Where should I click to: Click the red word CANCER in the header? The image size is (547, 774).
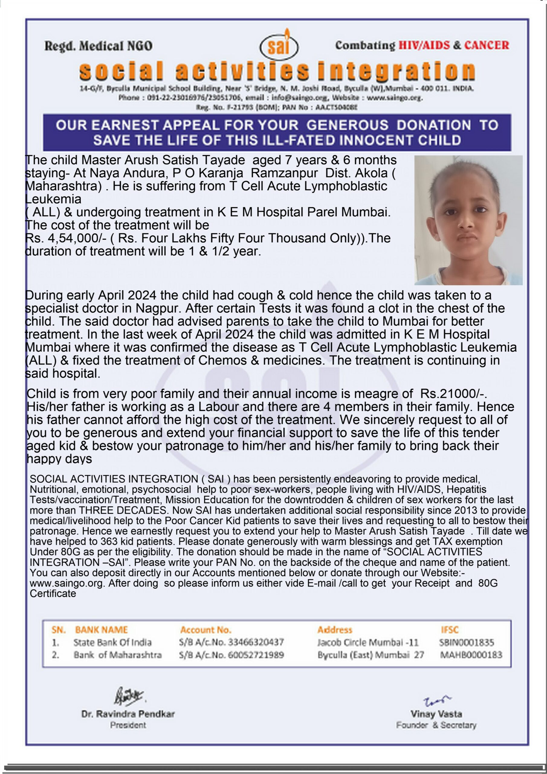(x=487, y=45)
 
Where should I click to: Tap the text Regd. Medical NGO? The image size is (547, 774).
(x=99, y=46)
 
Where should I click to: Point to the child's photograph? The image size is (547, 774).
(x=468, y=220)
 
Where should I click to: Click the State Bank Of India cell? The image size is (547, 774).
(x=112, y=642)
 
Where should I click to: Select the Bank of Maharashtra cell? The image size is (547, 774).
(x=118, y=655)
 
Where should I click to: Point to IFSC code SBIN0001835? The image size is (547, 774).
(x=466, y=642)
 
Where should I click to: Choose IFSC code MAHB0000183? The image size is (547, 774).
(x=471, y=655)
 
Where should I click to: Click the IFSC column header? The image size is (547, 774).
(x=450, y=630)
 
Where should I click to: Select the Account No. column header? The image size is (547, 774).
(x=206, y=630)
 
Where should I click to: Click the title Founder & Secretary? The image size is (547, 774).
(x=436, y=725)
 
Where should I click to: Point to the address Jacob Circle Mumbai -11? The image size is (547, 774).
(x=368, y=642)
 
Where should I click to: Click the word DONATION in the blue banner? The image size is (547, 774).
(x=434, y=125)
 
